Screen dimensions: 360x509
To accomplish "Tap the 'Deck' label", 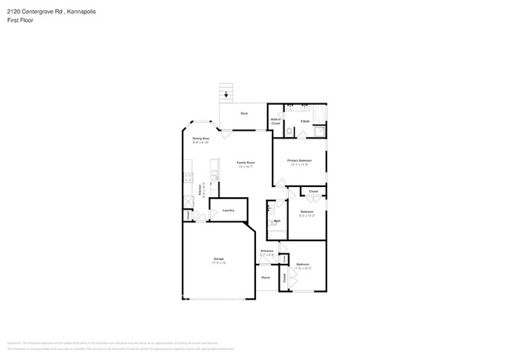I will pyautogui.click(x=244, y=114).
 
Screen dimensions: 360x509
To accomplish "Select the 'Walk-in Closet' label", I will pyautogui.click(x=276, y=121).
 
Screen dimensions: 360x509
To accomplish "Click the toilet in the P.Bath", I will pyautogui.click(x=289, y=131).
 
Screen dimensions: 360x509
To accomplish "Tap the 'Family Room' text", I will pyautogui.click(x=246, y=163).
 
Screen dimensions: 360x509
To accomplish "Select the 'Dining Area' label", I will pyautogui.click(x=200, y=139).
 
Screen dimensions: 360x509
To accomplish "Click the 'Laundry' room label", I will pyautogui.click(x=228, y=210).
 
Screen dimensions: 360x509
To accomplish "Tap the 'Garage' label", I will pyautogui.click(x=218, y=258).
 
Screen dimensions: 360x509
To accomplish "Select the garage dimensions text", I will pyautogui.click(x=218, y=263).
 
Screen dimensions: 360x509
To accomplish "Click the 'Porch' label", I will pyautogui.click(x=265, y=277).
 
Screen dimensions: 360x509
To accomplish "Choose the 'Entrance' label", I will pyautogui.click(x=266, y=251).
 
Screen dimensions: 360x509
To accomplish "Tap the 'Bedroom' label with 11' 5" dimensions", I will pyautogui.click(x=303, y=264).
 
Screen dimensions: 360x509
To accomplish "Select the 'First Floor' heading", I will pyautogui.click(x=20, y=21).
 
